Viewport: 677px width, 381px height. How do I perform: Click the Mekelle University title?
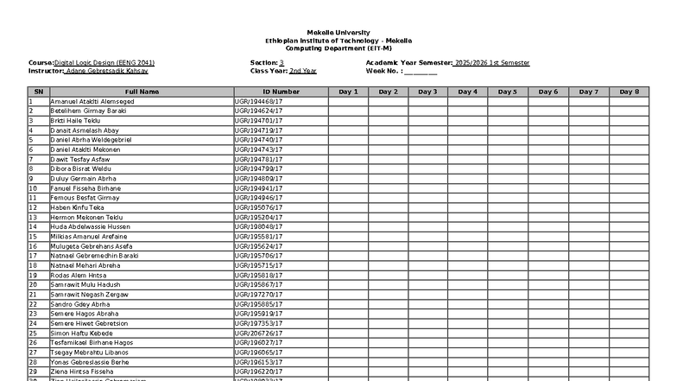(338, 33)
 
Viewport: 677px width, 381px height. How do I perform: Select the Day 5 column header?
(509, 92)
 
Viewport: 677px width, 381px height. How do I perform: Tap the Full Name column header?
(142, 92)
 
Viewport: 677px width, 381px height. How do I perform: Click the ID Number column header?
(282, 92)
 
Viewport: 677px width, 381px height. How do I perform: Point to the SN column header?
(38, 92)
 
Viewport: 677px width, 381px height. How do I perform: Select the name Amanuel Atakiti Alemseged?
(92, 102)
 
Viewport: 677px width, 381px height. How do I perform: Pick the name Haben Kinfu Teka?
(77, 208)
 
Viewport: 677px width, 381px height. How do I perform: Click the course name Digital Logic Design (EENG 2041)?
(104, 63)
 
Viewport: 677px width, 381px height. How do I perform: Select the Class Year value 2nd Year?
(303, 71)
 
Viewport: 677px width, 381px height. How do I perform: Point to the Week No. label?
(384, 71)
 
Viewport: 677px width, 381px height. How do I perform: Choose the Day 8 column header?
(630, 92)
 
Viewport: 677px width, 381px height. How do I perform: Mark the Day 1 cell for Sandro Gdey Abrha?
(348, 304)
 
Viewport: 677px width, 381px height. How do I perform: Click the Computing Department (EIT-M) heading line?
(338, 48)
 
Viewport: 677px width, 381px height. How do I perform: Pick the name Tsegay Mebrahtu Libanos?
(90, 352)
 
